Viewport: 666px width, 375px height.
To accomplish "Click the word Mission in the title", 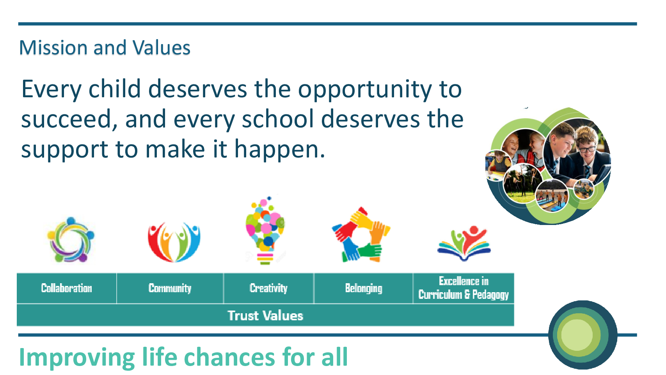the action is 53,48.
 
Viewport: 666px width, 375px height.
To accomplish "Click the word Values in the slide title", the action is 161,48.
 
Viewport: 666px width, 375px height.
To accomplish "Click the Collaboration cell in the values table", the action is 67,288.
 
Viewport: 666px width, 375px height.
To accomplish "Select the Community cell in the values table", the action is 170,288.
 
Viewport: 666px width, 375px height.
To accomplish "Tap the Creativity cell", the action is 268,288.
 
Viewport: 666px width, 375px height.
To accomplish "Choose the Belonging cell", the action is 363,288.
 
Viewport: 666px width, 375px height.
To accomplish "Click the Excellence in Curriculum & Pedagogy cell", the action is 464,288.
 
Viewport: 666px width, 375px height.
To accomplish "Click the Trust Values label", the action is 265,316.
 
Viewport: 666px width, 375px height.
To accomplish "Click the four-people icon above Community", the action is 174,242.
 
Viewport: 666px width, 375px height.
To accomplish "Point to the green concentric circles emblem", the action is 583,335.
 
